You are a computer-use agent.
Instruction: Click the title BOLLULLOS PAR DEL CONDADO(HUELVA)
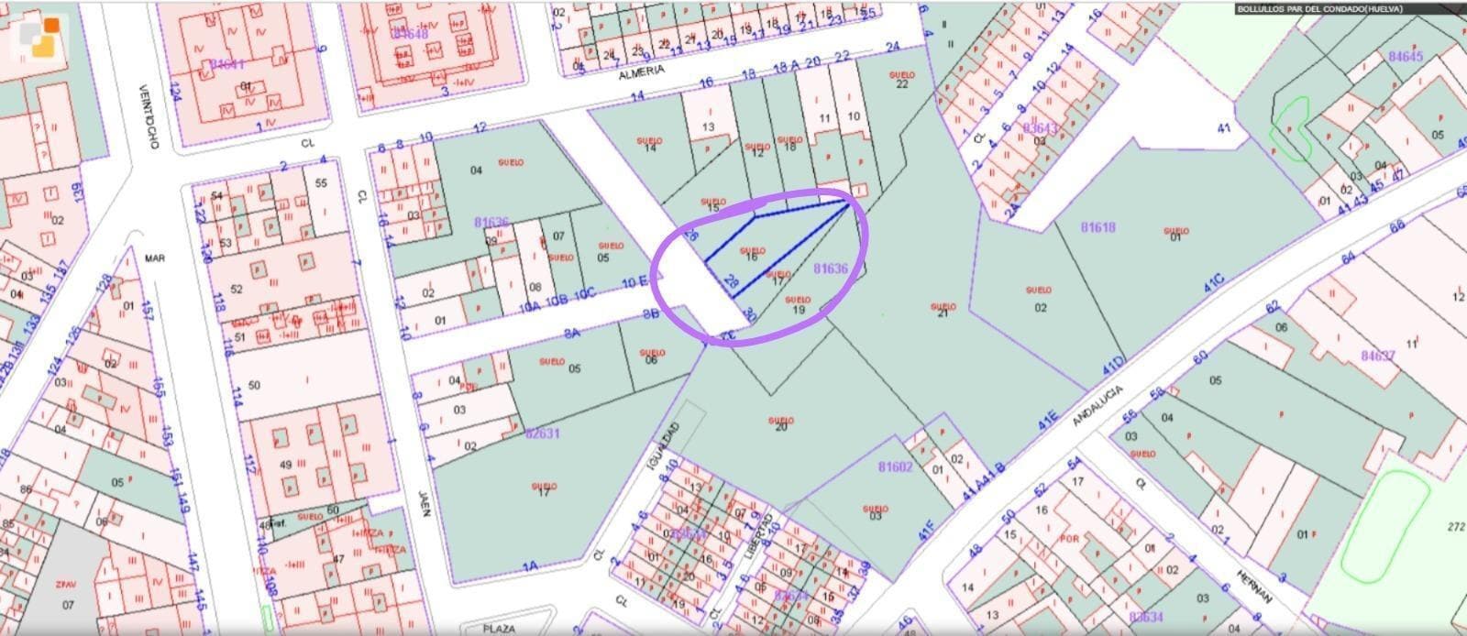(x=1318, y=9)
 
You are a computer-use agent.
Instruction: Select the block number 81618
(x=1097, y=226)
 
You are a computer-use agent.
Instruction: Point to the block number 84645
(x=1405, y=57)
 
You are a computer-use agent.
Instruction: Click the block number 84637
(x=1377, y=356)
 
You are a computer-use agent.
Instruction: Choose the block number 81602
(x=895, y=466)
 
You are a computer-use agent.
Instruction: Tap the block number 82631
(x=543, y=433)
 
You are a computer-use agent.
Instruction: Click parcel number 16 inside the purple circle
(x=752, y=258)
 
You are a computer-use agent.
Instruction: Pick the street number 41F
(x=925, y=529)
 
